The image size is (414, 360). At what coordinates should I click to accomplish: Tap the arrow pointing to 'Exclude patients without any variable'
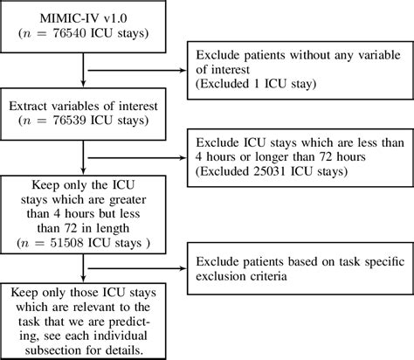[180, 70]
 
